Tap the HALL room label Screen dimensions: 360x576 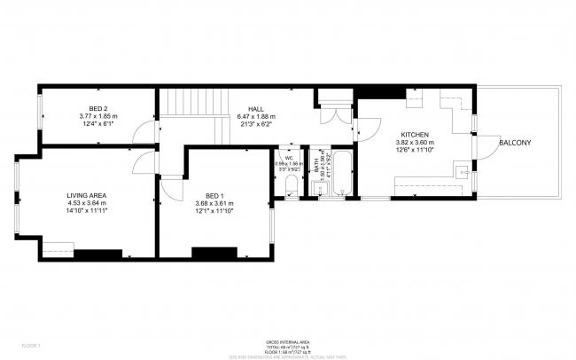pyautogui.click(x=256, y=107)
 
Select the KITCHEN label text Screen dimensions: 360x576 pyautogui.click(x=414, y=134)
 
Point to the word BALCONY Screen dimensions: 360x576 pyautogui.click(x=516, y=143)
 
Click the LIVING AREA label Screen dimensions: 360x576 pyautogui.click(x=86, y=195)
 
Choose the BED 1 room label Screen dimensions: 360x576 pyautogui.click(x=214, y=195)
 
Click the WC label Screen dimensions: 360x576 pyautogui.click(x=289, y=157)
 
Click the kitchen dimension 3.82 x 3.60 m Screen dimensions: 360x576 pyautogui.click(x=414, y=143)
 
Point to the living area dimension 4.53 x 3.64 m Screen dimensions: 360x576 pyautogui.click(x=86, y=204)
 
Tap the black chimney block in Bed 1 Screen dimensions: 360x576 pyautogui.click(x=214, y=253)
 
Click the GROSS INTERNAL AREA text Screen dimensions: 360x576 pyautogui.click(x=288, y=341)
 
